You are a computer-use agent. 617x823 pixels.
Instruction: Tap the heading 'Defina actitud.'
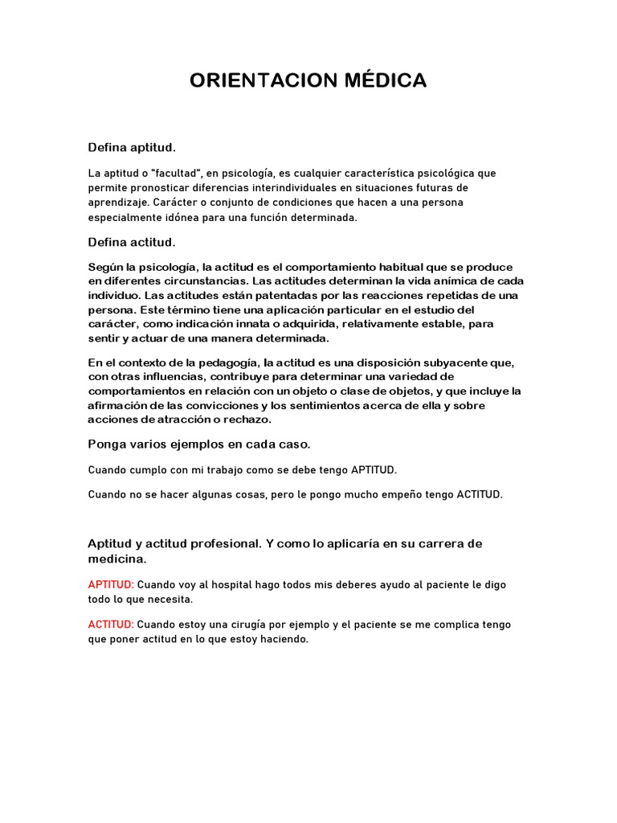tap(132, 242)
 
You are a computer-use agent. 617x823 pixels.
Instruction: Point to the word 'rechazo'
tap(250, 420)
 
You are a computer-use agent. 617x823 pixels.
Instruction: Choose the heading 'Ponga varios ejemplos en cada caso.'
tap(199, 444)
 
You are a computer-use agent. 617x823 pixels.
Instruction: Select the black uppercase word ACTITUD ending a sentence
tap(479, 494)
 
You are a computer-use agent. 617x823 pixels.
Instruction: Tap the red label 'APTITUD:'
tap(111, 584)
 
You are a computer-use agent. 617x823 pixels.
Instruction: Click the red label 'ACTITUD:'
tap(111, 624)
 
